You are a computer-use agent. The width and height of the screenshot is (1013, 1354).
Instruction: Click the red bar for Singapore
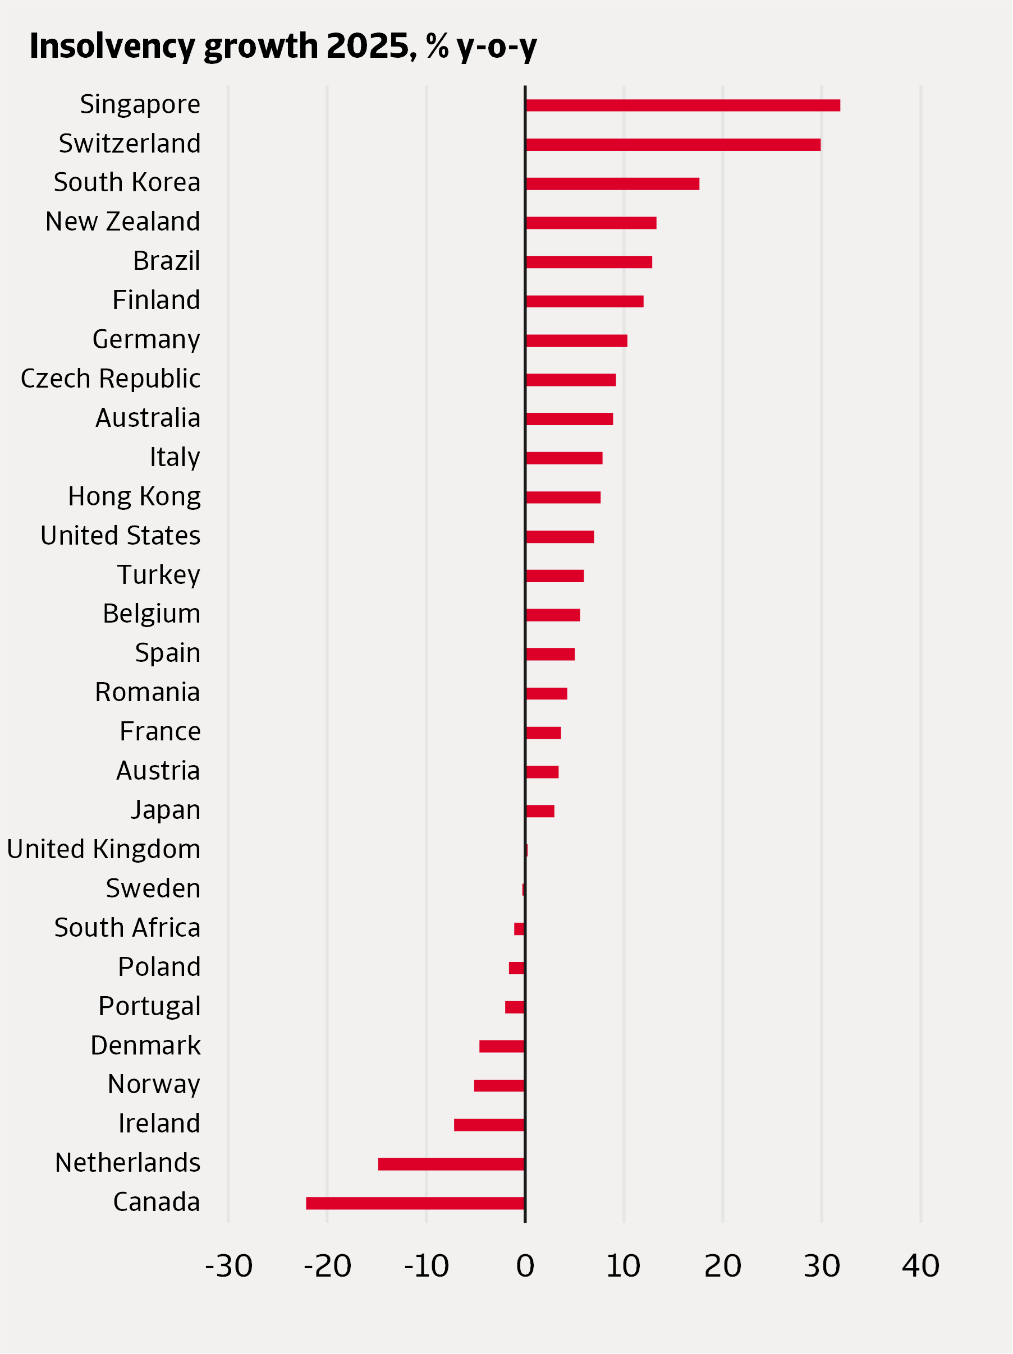tap(682, 105)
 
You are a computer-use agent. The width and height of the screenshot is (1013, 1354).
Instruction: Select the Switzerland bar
tap(672, 145)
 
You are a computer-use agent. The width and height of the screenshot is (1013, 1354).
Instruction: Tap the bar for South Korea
tap(612, 183)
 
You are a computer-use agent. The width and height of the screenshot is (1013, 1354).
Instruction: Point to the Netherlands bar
tap(451, 1164)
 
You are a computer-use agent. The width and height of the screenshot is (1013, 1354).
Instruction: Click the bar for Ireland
tap(489, 1125)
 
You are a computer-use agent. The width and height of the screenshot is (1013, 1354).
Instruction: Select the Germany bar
tap(576, 341)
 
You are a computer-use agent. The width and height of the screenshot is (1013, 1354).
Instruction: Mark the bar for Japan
tap(539, 811)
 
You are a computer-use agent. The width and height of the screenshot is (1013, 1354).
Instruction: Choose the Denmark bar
tap(502, 1046)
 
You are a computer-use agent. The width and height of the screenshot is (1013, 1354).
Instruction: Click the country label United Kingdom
tap(103, 850)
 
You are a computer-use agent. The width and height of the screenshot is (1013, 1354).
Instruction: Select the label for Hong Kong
tap(134, 496)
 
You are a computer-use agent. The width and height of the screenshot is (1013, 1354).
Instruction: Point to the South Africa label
tap(127, 928)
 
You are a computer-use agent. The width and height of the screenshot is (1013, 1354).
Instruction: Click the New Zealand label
tap(122, 222)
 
